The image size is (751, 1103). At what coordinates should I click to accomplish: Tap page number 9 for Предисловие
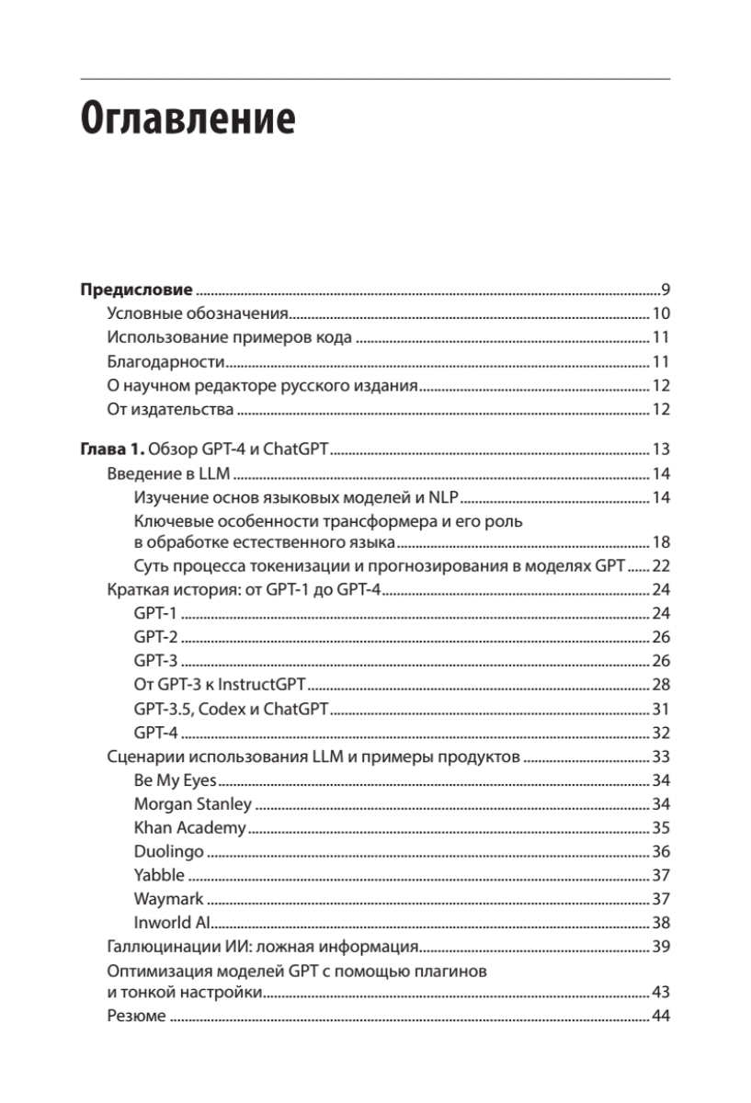[665, 288]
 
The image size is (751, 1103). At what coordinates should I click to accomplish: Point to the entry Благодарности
[166, 361]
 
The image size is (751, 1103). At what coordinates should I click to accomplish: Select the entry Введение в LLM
[168, 474]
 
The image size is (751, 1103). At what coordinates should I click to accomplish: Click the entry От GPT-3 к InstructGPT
[220, 685]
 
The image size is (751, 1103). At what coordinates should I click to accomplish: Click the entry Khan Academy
[189, 827]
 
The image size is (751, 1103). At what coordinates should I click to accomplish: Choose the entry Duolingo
[168, 851]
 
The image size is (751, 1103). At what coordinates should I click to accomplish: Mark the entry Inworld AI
[174, 922]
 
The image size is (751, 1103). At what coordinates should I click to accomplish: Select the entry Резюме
[136, 1016]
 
